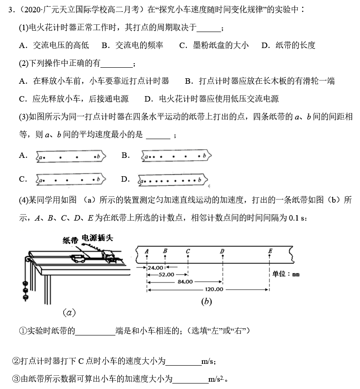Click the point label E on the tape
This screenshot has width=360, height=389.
point(270,251)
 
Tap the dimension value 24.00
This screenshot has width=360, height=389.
point(156,267)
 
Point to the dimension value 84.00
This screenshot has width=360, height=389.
point(185,282)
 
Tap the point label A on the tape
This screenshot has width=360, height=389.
point(147,251)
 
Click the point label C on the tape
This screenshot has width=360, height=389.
point(188,251)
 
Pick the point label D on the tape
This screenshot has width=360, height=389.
point(222,251)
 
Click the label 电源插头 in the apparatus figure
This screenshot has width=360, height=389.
point(97,238)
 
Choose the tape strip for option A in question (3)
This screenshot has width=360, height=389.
point(70,157)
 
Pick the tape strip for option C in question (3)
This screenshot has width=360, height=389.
point(70,180)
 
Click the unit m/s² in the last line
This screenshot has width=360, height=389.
point(216,379)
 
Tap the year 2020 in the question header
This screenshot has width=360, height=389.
point(26,10)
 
